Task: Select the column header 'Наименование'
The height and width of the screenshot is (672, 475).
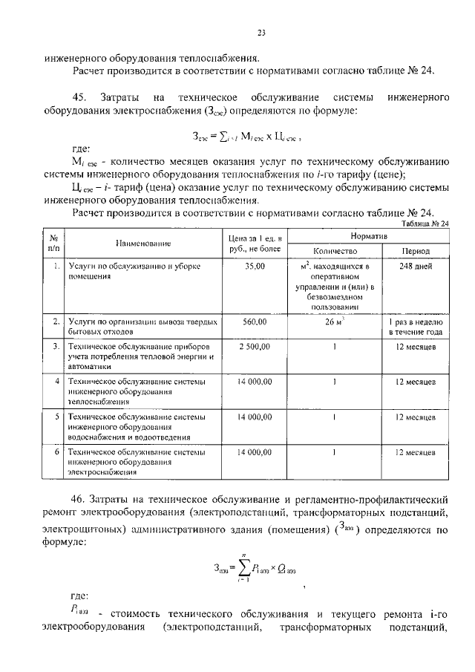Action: coord(143,243)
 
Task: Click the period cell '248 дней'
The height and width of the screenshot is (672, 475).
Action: coord(415,266)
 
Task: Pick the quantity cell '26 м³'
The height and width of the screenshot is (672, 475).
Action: coord(335,322)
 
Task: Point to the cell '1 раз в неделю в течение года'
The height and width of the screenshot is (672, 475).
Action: coord(415,327)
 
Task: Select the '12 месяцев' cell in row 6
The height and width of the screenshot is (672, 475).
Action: coord(415,451)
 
